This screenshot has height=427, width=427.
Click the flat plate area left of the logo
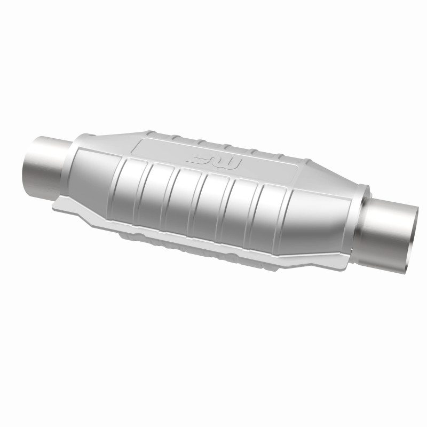(x=160, y=149)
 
